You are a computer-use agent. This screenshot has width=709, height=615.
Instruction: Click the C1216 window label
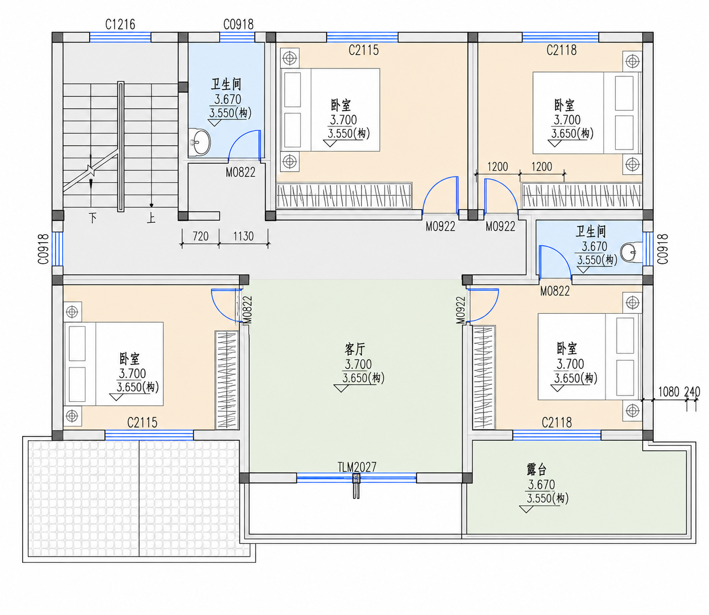pos(120,25)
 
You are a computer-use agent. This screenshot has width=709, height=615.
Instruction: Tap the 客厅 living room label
pos(354,350)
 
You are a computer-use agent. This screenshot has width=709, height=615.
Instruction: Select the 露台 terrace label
pos(536,470)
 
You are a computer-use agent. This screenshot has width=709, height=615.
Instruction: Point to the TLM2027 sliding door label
pos(357,467)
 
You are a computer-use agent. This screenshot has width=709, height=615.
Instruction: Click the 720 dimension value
pos(201,236)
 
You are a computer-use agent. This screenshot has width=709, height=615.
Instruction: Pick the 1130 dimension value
pos(243,236)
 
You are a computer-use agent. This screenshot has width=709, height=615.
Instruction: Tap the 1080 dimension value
pos(668,392)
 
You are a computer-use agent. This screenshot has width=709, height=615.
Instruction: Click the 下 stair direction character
pos(93,218)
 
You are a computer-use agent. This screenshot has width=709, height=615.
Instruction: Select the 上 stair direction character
pos(151,218)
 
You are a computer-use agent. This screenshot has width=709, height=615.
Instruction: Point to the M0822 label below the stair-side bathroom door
pos(241,172)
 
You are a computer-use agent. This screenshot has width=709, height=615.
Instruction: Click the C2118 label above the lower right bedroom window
pos(557,422)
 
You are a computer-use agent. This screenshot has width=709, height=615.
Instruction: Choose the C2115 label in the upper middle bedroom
pos(363,51)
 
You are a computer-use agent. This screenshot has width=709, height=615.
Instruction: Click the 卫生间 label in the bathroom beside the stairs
pos(226,84)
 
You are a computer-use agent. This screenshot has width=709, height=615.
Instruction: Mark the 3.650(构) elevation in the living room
pos(363,378)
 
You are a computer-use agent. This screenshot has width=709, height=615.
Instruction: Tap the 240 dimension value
pos(692,392)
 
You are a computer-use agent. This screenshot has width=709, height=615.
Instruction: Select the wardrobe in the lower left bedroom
pos(227,380)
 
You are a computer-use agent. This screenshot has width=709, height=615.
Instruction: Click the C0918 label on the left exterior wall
pos(43,250)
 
